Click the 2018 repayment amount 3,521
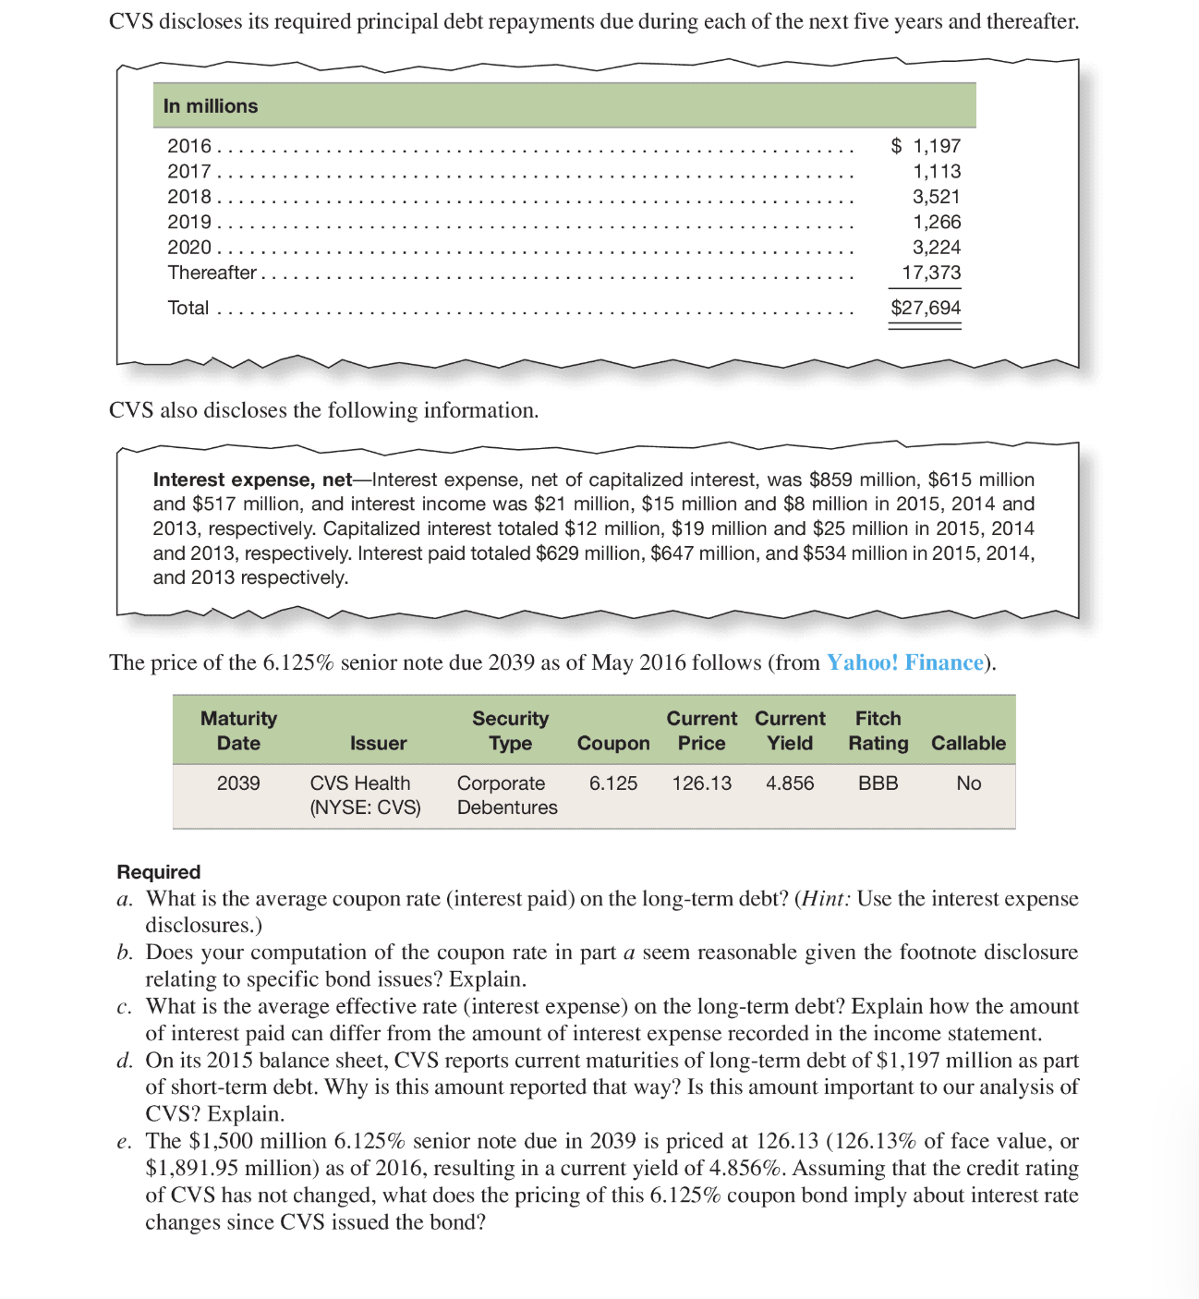click(x=936, y=197)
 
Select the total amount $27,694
click(x=926, y=308)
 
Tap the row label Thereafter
click(x=212, y=273)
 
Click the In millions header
click(x=211, y=106)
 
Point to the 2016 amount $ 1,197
click(x=926, y=146)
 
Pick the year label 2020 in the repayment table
click(x=189, y=248)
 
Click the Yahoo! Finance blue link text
click(x=904, y=662)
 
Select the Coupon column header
click(x=613, y=744)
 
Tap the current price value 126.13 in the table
click(x=701, y=783)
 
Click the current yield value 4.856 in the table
click(x=790, y=783)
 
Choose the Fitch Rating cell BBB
click(x=878, y=783)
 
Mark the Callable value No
click(x=968, y=783)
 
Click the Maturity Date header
click(x=238, y=731)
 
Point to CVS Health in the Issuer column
click(x=360, y=783)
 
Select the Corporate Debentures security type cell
click(x=506, y=795)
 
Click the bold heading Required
click(x=159, y=872)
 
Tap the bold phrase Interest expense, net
click(x=252, y=480)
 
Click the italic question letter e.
click(x=124, y=1143)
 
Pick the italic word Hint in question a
click(x=825, y=899)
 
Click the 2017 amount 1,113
click(x=936, y=172)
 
